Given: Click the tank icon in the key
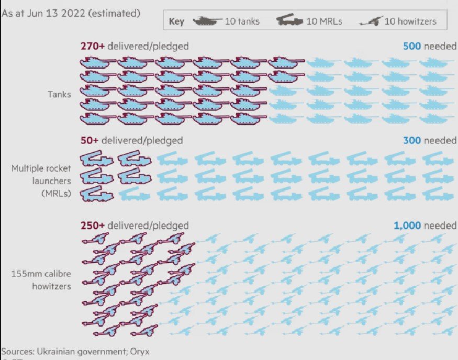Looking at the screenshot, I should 208,21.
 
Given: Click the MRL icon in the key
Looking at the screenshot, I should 290,21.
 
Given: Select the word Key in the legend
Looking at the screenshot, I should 176,21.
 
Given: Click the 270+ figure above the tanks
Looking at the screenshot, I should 92,47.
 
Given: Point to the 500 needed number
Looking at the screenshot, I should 411,47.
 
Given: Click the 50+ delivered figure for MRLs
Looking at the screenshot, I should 89,141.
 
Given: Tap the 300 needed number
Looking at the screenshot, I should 411,141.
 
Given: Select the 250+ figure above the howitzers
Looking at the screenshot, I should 92,226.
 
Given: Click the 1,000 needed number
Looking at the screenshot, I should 407,226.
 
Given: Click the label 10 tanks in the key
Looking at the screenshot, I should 242,21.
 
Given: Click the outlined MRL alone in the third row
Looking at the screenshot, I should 96,195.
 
